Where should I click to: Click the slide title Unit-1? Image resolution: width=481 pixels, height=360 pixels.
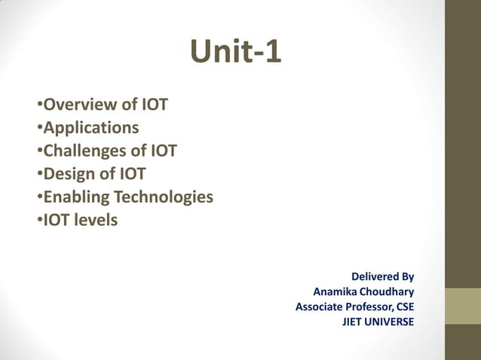236,52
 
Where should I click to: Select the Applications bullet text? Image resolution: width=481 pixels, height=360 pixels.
90,127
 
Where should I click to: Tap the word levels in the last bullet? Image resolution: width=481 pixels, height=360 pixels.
94,221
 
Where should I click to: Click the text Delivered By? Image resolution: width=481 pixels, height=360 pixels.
382,276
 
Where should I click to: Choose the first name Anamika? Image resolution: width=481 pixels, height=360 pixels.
336,291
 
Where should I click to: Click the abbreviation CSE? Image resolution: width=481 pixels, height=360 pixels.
403,307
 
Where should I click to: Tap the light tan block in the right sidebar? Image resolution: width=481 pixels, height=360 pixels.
462,306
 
